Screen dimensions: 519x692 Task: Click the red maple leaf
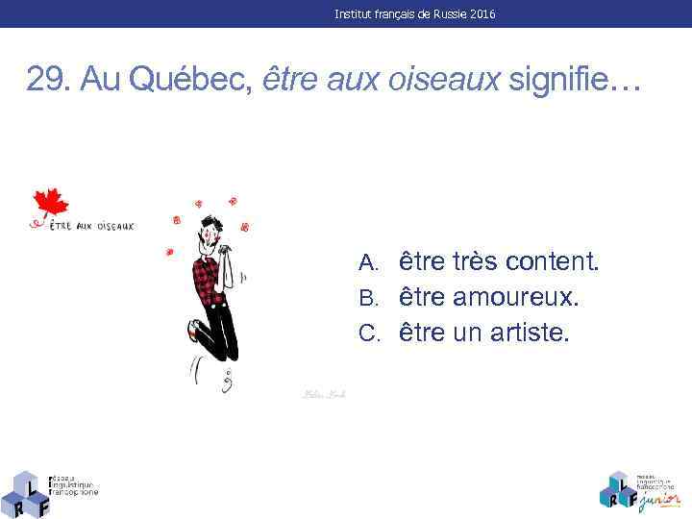click(x=51, y=204)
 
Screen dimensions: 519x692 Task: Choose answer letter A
click(x=369, y=262)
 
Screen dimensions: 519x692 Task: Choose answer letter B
click(x=369, y=298)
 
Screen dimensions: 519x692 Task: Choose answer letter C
click(x=369, y=334)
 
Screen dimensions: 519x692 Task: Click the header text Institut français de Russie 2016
click(x=415, y=14)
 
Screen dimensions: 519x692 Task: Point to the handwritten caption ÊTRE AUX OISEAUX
click(x=92, y=227)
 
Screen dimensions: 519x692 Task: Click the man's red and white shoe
click(x=196, y=332)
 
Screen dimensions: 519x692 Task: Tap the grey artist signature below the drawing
click(x=324, y=394)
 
